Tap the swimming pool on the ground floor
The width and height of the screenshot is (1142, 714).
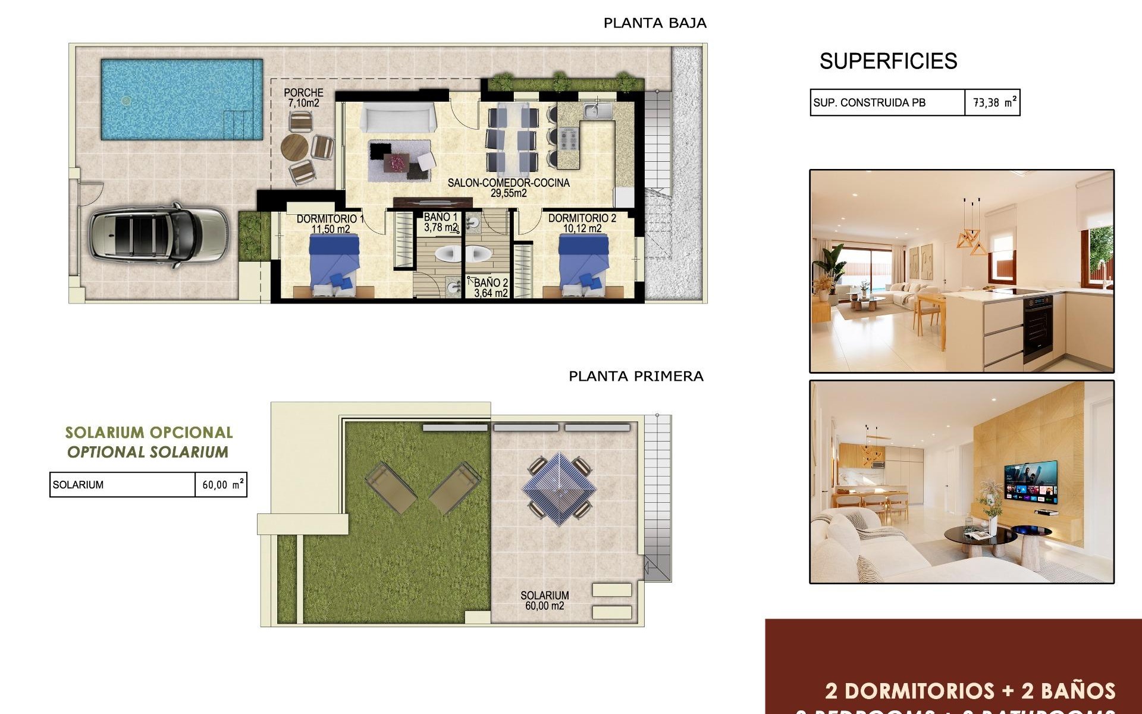click(x=181, y=99)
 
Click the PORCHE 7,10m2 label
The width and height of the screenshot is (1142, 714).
click(x=303, y=98)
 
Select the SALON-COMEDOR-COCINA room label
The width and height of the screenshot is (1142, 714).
click(x=509, y=187)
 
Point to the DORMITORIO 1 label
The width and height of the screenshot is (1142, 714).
click(x=330, y=224)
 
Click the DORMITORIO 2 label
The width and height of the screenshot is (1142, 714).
click(x=582, y=223)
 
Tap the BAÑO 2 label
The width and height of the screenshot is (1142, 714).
click(x=491, y=288)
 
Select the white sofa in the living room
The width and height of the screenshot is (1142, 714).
click(x=398, y=118)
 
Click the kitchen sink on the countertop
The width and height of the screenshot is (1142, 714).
click(x=592, y=111)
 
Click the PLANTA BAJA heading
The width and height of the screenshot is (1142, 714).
click(x=655, y=23)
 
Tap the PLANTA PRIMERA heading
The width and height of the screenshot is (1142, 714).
click(x=636, y=376)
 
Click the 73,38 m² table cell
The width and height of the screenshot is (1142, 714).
click(x=992, y=102)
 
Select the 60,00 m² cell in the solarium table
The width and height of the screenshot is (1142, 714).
click(x=221, y=484)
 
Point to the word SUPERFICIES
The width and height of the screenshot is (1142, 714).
click(x=888, y=61)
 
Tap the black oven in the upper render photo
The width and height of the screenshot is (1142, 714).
click(x=1038, y=328)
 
